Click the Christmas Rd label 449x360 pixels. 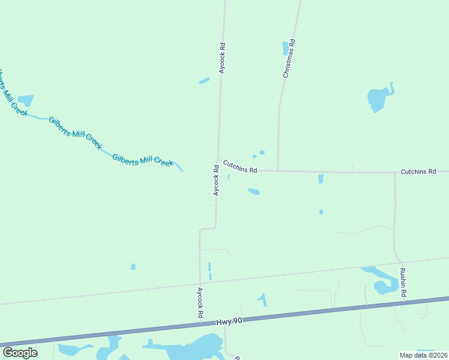[x=289, y=59]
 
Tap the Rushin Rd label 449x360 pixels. [x=403, y=283]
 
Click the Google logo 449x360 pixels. [x=20, y=353]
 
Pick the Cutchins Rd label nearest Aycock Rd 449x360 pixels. [x=240, y=166]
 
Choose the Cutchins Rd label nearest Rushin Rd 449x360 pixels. [x=418, y=172]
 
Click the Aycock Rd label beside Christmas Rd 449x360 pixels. [x=222, y=58]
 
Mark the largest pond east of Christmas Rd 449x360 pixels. [x=378, y=98]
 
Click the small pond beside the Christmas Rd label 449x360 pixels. [x=286, y=48]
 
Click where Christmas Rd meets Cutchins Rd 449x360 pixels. [x=278, y=170]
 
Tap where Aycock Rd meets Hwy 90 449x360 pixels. [x=200, y=325]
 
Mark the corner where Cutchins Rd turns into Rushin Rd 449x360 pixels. [x=394, y=173]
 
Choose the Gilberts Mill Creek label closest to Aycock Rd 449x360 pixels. [x=143, y=160]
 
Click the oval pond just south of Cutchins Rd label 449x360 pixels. [x=253, y=192]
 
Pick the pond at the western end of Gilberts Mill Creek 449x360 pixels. [x=25, y=100]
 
